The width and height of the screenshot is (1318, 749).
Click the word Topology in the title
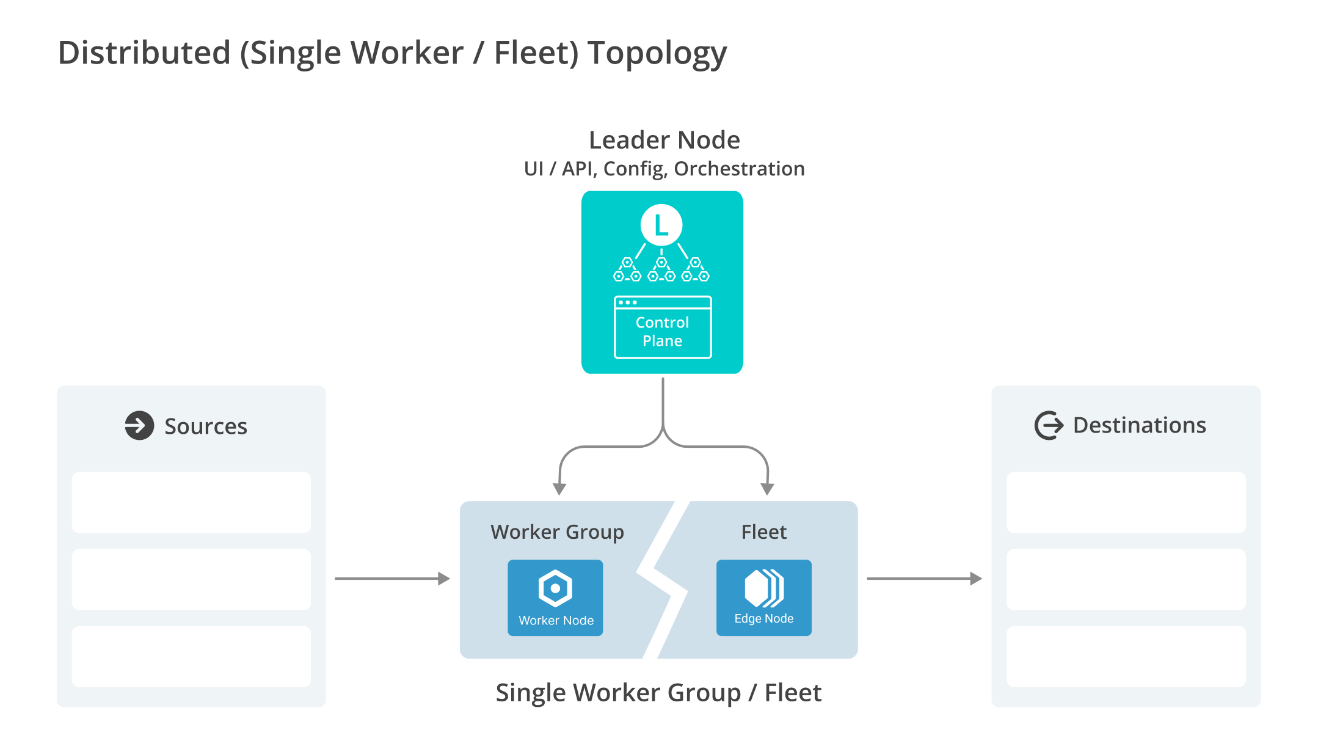point(657,54)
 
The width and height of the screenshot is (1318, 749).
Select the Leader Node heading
point(664,141)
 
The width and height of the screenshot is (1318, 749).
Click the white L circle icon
point(661,225)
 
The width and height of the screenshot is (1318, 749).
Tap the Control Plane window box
point(662,327)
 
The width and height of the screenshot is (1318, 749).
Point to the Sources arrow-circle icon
point(139,425)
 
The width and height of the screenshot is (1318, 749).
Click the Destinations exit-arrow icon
point(1049,425)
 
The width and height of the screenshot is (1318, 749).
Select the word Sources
point(206,426)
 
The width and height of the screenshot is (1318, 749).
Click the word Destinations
point(1139,425)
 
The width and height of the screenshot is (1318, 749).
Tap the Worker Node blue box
point(555,597)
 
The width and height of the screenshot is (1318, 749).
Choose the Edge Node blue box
point(763,597)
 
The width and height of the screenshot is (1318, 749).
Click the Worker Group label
point(557,532)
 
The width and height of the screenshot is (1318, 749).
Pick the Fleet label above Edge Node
point(763,532)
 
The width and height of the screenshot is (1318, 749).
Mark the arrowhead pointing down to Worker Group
point(559,489)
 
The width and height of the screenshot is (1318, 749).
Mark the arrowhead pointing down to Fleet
point(767,489)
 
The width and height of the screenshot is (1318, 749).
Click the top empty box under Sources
point(191,502)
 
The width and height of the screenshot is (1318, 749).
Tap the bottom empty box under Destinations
point(1126,656)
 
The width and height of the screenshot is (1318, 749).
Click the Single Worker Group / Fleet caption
point(658,693)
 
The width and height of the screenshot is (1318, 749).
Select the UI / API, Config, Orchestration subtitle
point(664,169)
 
